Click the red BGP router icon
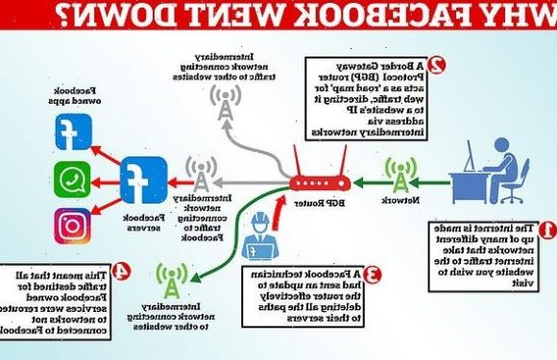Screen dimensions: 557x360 click(320, 180)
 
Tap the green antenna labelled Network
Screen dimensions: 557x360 click(399, 174)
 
